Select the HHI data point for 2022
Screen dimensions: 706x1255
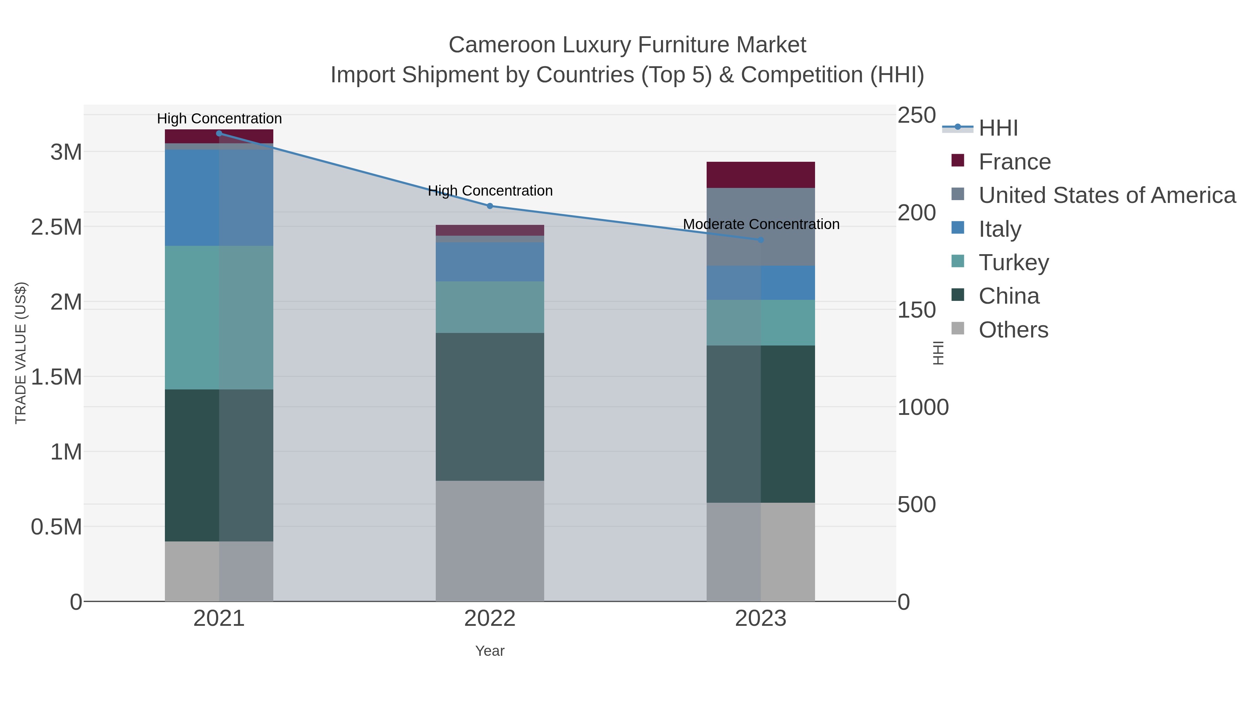[x=490, y=206]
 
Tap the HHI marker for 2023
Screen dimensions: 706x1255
[x=761, y=240]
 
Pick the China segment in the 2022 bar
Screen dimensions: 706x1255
[x=490, y=407]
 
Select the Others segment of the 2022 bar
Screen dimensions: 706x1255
[x=490, y=541]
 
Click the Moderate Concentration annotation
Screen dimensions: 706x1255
[x=761, y=224]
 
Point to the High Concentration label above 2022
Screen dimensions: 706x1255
[x=490, y=190]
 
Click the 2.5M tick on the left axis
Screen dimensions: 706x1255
[x=56, y=227]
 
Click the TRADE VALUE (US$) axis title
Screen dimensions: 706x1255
[x=21, y=353]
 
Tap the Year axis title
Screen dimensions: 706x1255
[x=490, y=651]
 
